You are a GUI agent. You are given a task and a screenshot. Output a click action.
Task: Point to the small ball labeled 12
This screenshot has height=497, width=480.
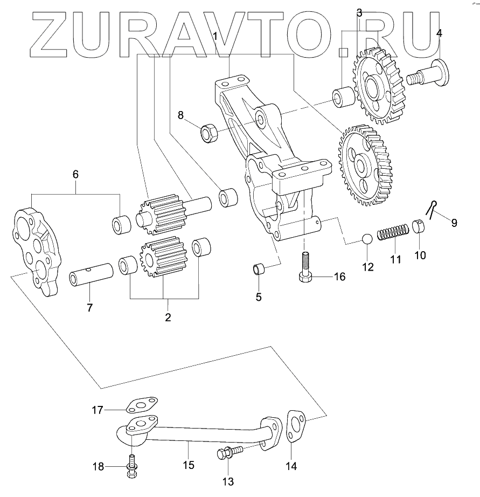(x=367, y=239)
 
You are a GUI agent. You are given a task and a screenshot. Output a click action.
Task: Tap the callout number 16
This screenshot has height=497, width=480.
(x=338, y=277)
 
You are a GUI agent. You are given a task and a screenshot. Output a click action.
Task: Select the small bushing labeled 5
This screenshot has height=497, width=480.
(x=260, y=268)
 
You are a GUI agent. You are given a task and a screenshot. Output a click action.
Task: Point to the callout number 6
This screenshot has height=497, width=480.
(x=75, y=174)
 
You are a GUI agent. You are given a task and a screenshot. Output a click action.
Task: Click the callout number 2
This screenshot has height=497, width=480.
(x=168, y=317)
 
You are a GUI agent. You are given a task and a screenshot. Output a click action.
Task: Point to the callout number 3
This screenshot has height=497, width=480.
(x=360, y=11)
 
